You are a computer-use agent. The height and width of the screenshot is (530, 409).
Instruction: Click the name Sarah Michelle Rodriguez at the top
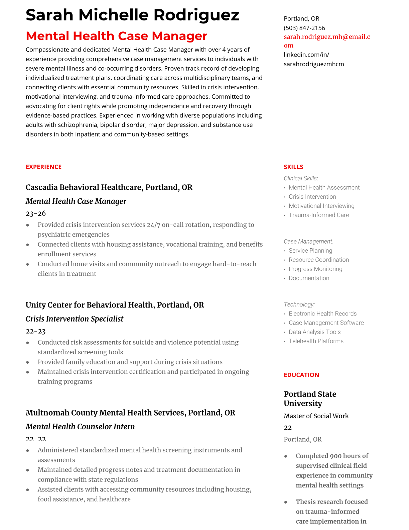click(132, 15)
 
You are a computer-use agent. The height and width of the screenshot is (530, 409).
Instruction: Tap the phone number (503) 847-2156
click(304, 28)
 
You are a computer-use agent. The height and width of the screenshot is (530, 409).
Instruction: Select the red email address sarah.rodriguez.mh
click(326, 37)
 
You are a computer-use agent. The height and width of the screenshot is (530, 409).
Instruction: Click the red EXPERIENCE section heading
click(43, 167)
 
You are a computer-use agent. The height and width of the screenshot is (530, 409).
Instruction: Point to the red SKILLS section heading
click(293, 167)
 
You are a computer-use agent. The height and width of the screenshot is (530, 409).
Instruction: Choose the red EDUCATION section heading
click(301, 375)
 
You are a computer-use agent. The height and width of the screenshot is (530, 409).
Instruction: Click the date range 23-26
click(35, 213)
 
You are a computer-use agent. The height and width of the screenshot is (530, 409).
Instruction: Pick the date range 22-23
click(35, 331)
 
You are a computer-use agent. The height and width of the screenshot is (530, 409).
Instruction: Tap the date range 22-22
click(35, 439)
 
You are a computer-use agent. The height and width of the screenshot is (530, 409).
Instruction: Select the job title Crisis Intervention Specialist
click(74, 319)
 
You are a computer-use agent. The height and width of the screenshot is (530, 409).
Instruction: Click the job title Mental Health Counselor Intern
click(80, 427)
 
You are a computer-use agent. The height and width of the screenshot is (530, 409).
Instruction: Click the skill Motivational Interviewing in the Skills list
click(321, 206)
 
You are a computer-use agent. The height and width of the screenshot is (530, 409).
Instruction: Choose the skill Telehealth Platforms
click(316, 341)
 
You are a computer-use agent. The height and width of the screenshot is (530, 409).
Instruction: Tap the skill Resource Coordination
click(318, 260)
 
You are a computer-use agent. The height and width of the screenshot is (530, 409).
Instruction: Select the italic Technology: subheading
click(299, 304)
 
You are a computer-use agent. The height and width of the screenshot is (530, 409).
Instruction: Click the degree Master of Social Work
click(316, 416)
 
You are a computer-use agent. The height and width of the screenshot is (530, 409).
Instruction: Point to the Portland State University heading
click(310, 399)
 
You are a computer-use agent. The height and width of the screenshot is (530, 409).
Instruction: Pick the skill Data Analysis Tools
click(314, 332)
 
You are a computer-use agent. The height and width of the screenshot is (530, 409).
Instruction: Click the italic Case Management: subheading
click(308, 242)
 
